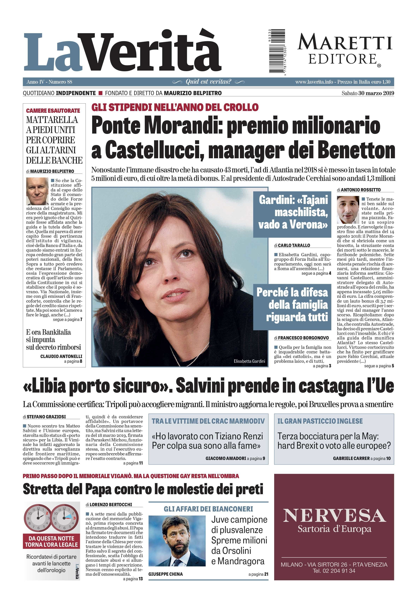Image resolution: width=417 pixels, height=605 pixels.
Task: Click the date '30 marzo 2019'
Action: pyautogui.click(x=376, y=93)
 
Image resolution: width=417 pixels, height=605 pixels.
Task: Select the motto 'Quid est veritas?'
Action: pyautogui.click(x=208, y=82)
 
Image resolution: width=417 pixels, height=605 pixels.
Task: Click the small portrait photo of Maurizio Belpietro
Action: pyautogui.click(x=37, y=191)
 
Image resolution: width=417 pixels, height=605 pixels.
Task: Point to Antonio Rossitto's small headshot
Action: pyautogui.click(x=348, y=210)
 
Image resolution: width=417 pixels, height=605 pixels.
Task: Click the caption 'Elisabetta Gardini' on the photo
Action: pyautogui.click(x=249, y=361)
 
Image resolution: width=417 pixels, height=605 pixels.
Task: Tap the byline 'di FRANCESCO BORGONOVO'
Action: pyautogui.click(x=301, y=338)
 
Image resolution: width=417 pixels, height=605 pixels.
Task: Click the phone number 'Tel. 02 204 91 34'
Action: pyautogui.click(x=334, y=571)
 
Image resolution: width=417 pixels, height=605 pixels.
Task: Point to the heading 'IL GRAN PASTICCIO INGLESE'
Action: pyautogui.click(x=320, y=421)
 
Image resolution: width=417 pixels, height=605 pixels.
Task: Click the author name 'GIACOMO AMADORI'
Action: pyautogui.click(x=226, y=458)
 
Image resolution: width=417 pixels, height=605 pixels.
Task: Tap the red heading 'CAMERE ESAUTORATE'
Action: pyautogui.click(x=53, y=111)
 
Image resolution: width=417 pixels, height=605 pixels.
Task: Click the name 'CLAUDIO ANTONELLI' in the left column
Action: pyautogui.click(x=61, y=356)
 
